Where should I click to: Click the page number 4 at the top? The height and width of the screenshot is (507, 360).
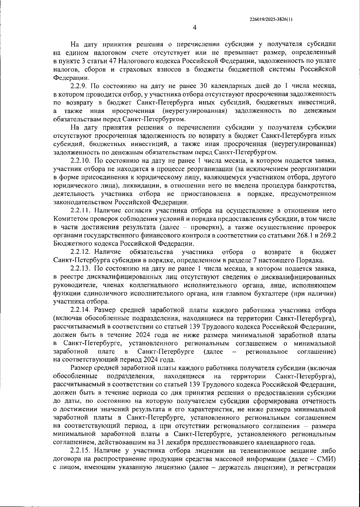(195, 28)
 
